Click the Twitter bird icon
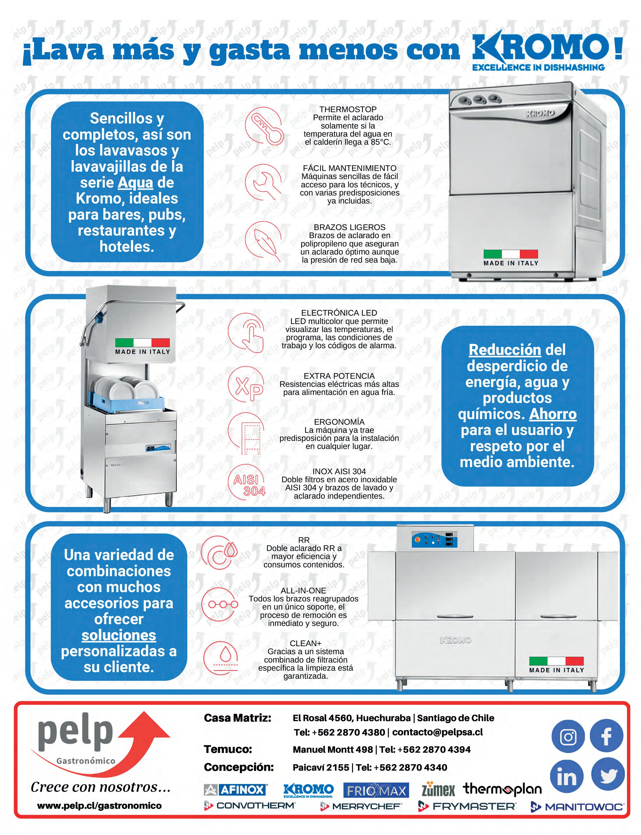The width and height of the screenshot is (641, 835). point(608,775)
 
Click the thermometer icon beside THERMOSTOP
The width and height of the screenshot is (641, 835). point(264,126)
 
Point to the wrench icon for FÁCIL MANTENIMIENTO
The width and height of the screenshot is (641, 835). point(263,182)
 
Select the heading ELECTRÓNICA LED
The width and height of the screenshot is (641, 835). point(339,313)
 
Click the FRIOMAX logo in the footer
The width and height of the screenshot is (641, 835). point(376,790)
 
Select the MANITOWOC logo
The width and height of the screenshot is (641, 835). point(578,807)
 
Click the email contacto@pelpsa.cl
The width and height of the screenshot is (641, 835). point(437,732)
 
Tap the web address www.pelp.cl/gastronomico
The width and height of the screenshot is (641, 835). point(99,806)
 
